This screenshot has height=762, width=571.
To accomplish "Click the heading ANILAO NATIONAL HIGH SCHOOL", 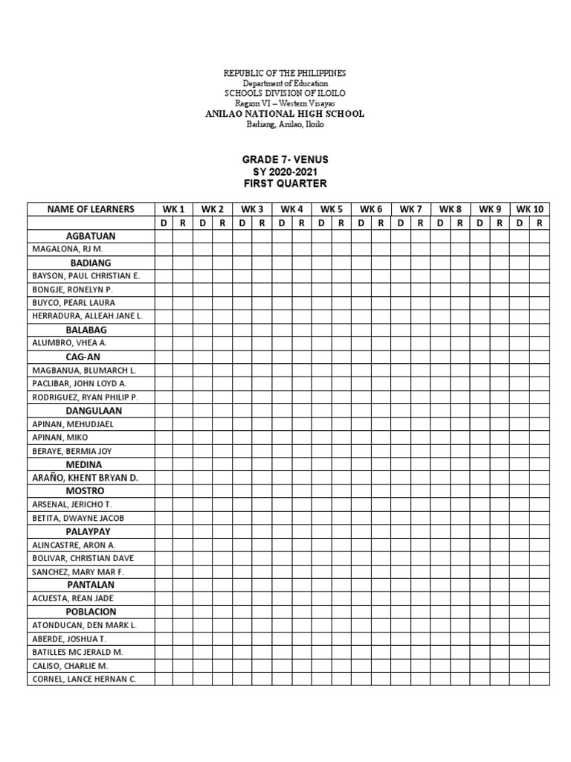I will point(285,114).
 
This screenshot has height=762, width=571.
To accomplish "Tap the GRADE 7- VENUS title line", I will point(285,159).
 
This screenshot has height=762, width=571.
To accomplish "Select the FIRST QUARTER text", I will point(285,183).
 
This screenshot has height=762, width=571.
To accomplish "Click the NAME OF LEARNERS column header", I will point(91,209).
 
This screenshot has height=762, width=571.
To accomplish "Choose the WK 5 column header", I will point(332,209).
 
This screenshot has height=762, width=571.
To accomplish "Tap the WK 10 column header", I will point(530,209).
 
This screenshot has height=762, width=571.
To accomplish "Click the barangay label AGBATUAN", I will point(91,236).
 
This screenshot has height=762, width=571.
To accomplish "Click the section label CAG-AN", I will point(91,356).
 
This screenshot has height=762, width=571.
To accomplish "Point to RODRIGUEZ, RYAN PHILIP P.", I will point(86,397).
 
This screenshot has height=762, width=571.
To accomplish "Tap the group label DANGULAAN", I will point(91,411).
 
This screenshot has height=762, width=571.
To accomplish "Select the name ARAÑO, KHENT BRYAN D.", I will point(86,478).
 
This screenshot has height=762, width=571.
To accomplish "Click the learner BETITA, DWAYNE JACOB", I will point(78,518).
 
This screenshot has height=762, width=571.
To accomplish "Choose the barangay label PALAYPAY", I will point(91,531).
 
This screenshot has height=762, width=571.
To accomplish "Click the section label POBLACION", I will point(91,612).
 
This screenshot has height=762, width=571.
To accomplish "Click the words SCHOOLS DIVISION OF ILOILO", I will point(285,93).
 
